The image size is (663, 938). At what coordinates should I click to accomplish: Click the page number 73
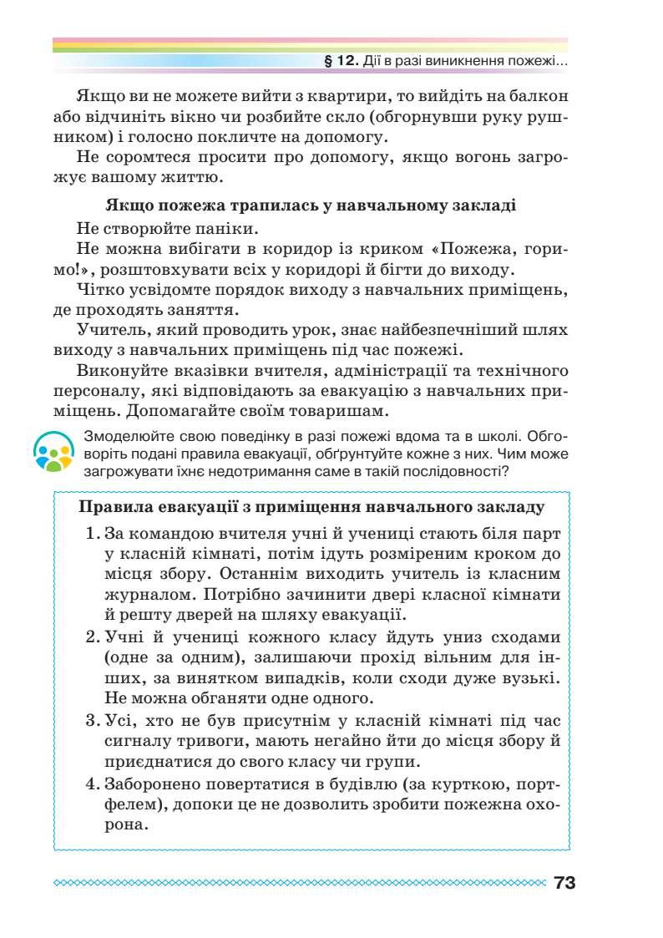coord(564,883)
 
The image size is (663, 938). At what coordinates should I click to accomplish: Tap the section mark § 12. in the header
coord(341,62)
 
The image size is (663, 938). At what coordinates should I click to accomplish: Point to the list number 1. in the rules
coord(93,534)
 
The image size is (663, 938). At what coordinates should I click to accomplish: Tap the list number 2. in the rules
coord(93,636)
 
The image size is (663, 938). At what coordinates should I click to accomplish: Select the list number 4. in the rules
coord(93,784)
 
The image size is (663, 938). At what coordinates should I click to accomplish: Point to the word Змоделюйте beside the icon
coord(123,436)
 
